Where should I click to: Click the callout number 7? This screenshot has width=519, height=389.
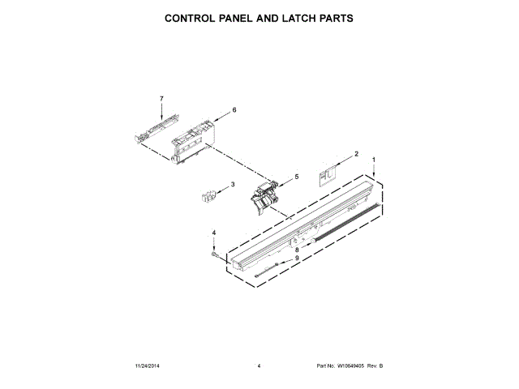click(161, 98)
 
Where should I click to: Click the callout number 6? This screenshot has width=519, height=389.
click(234, 109)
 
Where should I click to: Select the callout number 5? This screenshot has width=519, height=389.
click(296, 176)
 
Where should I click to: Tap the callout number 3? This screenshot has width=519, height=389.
click(233, 185)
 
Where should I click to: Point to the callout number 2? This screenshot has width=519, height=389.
click(355, 153)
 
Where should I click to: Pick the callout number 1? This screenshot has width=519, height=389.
click(373, 160)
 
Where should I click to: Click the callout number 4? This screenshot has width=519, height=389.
click(214, 233)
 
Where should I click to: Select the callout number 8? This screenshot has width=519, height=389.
click(296, 250)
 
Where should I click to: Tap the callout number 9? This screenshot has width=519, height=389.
click(296, 259)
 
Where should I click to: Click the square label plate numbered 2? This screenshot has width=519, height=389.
click(328, 172)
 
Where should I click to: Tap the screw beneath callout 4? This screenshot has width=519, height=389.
click(215, 254)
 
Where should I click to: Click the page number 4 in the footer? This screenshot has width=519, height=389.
click(259, 366)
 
